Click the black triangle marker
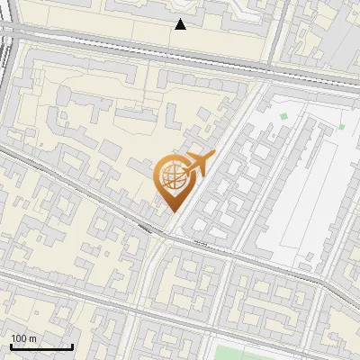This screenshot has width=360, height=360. pos(181,24)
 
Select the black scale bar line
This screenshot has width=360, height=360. pos(41,346)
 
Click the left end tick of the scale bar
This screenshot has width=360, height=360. pos(11,345)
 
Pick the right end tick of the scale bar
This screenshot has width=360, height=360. pos(72,345)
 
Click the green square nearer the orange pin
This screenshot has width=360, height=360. pos(283,116)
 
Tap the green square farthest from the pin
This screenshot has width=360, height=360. pos(341,126)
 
